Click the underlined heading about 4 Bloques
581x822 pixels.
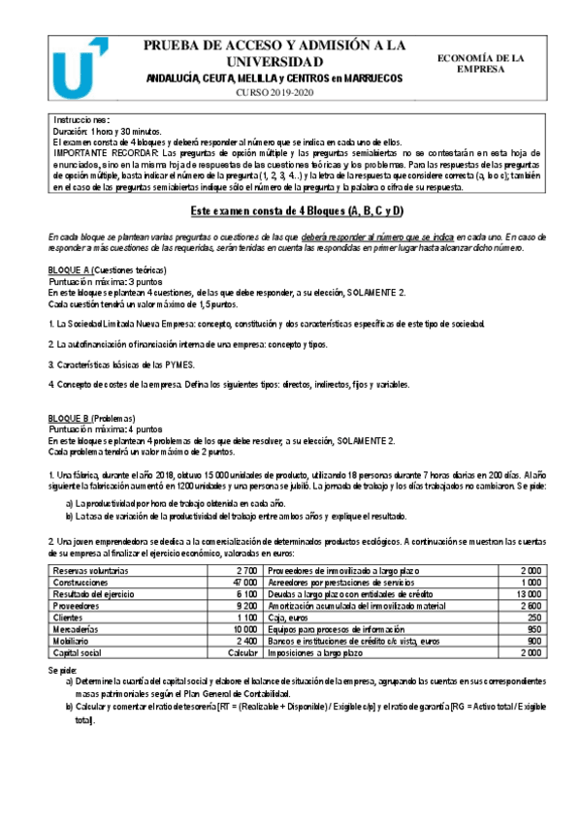coord(295,211)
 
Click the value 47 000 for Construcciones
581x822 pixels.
coord(245,581)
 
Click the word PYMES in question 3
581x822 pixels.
coord(180,364)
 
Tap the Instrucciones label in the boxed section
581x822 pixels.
coord(82,119)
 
